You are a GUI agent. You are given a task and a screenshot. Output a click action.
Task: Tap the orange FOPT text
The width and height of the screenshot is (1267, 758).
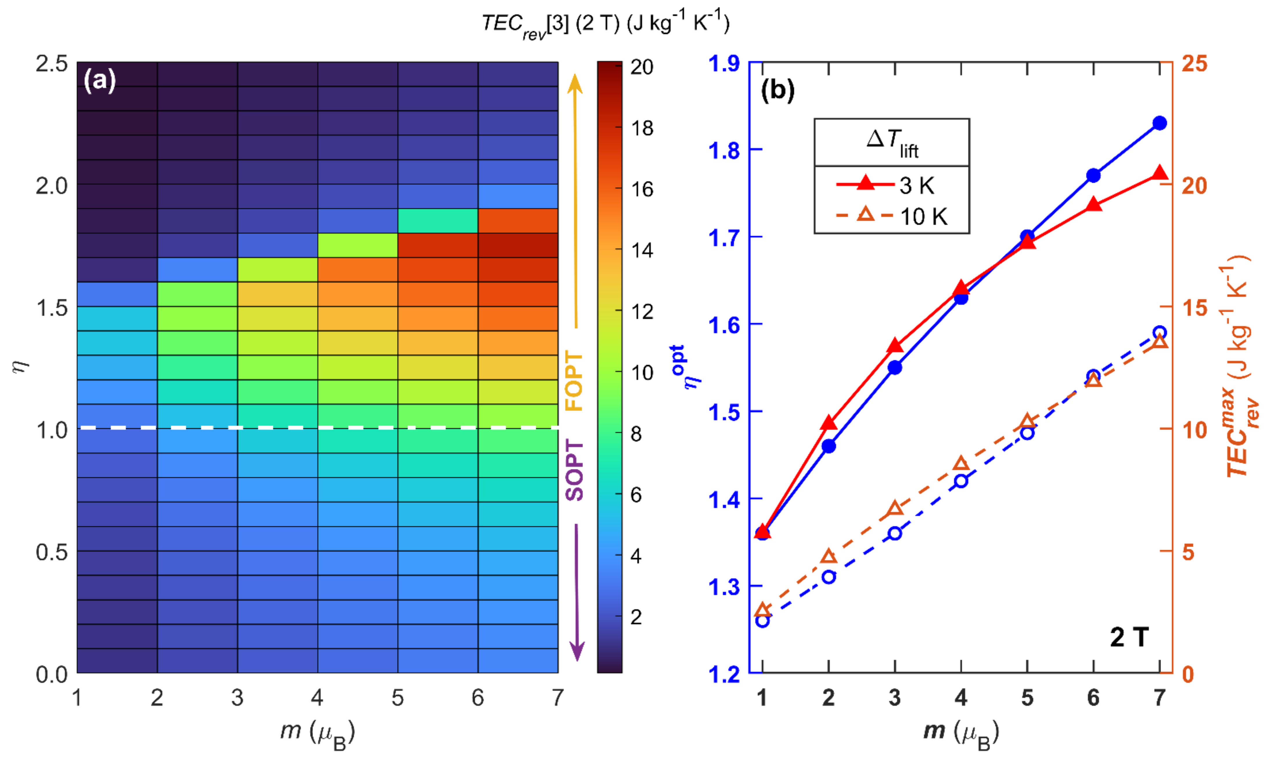(x=574, y=380)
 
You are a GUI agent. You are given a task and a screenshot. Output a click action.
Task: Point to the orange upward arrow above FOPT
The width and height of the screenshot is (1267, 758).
(x=576, y=199)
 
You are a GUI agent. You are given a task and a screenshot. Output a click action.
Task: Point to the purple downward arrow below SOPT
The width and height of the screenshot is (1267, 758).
(x=577, y=593)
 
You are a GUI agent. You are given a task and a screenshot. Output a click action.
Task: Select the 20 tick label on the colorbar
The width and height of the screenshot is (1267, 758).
(x=642, y=67)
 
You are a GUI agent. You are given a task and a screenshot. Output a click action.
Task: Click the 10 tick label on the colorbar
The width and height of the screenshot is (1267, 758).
(x=642, y=372)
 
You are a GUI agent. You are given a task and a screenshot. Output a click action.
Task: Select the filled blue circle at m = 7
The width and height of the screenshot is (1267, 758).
(x=1160, y=123)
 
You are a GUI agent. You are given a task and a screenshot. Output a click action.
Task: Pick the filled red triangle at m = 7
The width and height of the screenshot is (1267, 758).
(x=1160, y=174)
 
